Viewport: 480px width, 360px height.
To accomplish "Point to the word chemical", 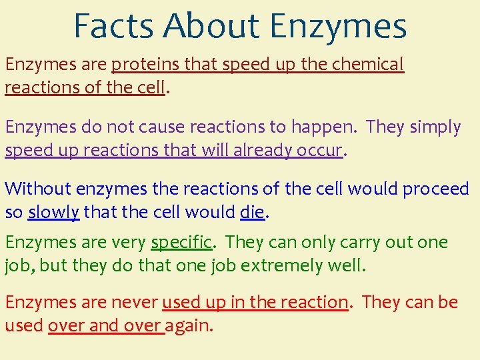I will [369, 65].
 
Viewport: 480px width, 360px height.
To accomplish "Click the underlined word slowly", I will [54, 213].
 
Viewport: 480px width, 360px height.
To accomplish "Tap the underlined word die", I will [252, 213].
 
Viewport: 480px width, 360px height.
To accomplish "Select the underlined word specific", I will [181, 243].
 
